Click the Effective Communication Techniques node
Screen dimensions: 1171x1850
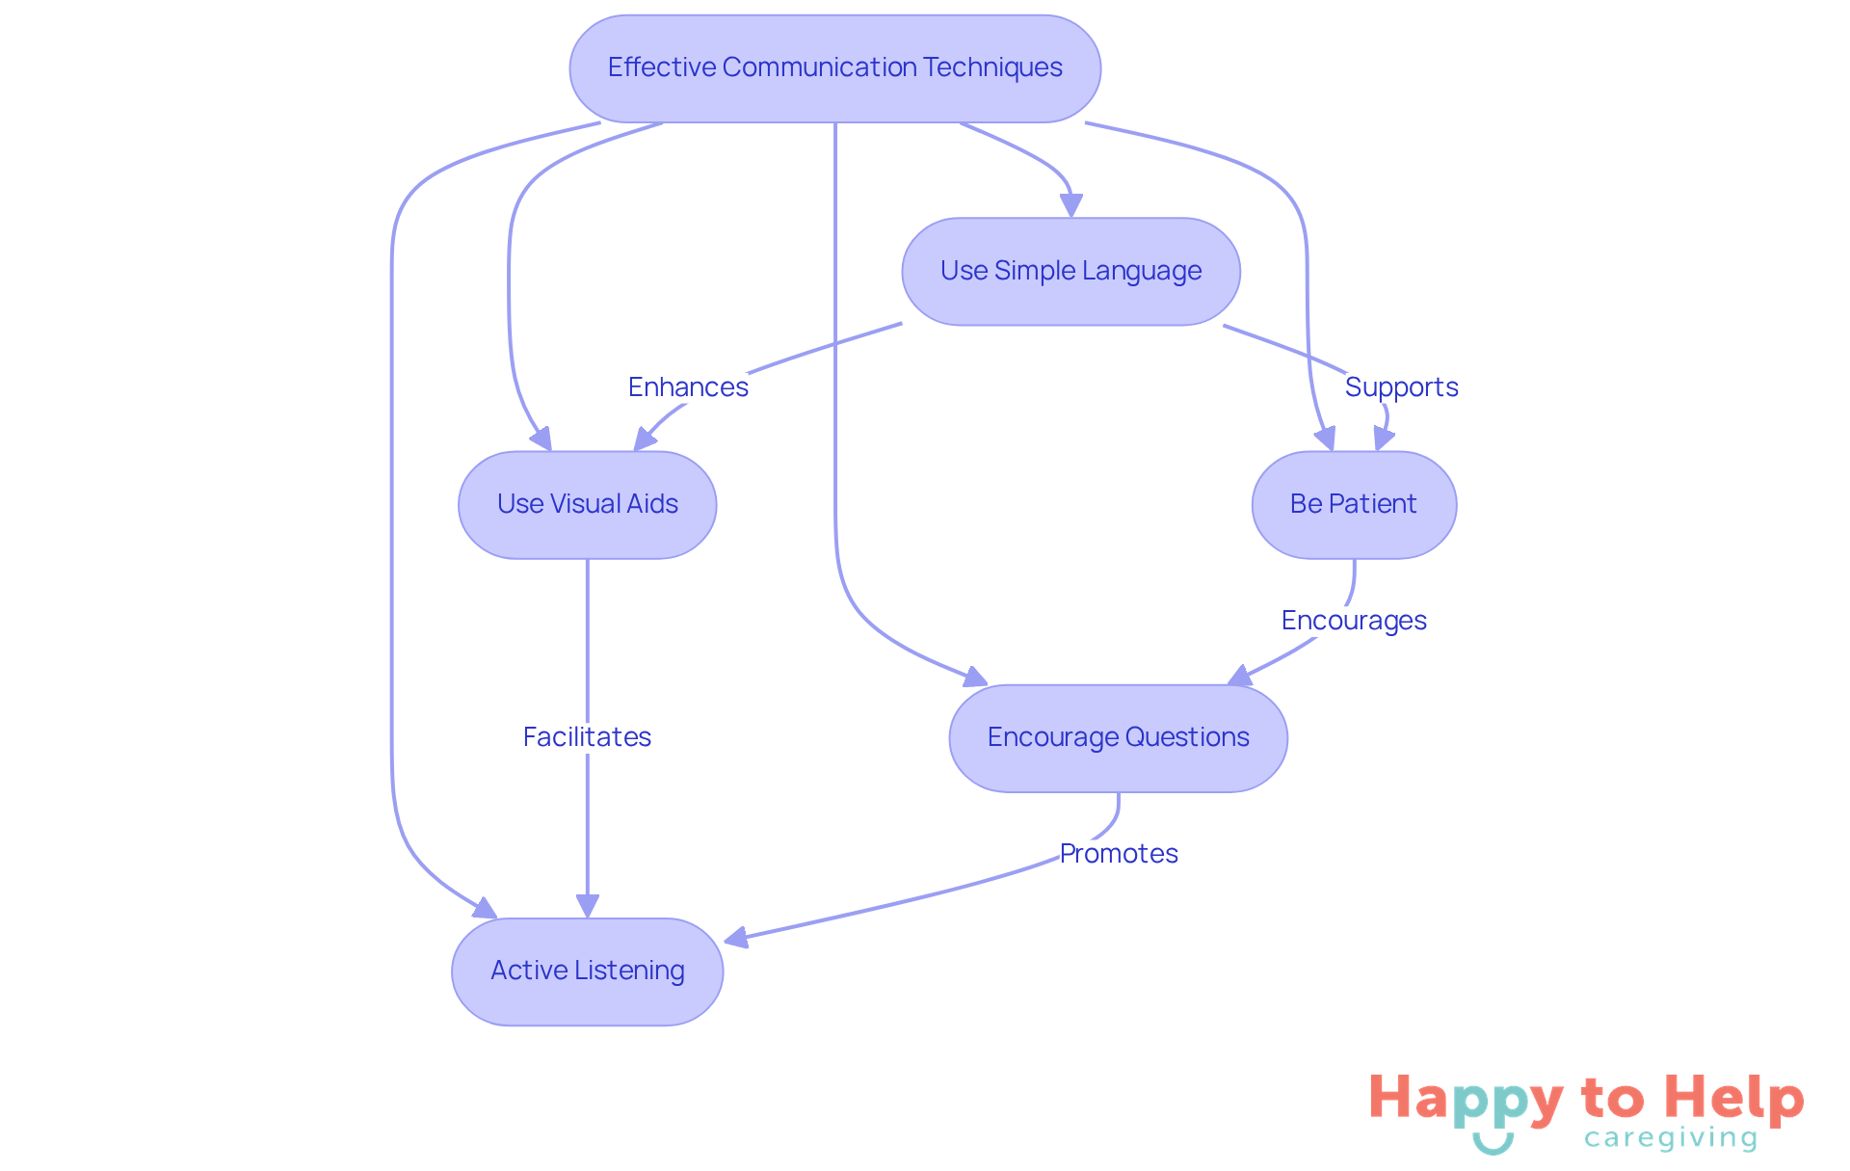coord(834,68)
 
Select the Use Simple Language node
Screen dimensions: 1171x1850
coord(1070,271)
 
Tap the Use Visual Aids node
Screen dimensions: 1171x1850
coord(587,504)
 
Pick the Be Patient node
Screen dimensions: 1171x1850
coord(1353,504)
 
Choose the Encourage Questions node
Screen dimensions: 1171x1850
coord(1118,737)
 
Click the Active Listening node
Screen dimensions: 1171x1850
coord(587,971)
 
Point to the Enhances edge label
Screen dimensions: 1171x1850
coord(688,386)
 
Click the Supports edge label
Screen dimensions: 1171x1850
coord(1401,386)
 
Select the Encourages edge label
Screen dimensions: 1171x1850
coord(1353,620)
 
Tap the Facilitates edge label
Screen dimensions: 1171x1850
coord(587,736)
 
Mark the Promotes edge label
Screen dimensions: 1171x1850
coord(1118,853)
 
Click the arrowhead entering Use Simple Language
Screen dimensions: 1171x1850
coord(1070,205)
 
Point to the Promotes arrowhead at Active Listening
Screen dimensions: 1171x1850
coord(737,937)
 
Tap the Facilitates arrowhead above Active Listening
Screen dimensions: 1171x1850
coord(587,905)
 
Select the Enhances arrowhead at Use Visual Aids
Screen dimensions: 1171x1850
coord(645,439)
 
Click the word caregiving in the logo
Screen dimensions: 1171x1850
coord(1671,1138)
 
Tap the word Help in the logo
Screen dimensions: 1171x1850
coord(1733,1099)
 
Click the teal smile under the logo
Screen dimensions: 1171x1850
coord(1493,1144)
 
